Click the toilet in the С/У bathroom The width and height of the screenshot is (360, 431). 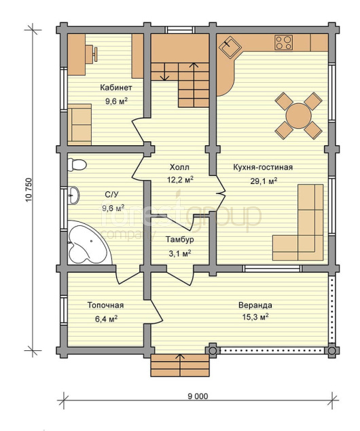coord(77,165)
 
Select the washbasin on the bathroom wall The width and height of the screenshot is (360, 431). coord(73,195)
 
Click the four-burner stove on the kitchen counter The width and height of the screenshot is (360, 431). coord(283,43)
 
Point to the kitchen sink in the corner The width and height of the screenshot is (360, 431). coord(230,47)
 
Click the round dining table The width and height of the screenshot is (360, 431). coord(298,115)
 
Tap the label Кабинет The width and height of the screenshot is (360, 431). coord(115,88)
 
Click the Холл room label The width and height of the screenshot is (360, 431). coord(179,167)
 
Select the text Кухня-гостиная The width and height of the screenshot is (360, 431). coord(263,167)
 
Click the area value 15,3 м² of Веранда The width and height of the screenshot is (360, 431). coord(255,317)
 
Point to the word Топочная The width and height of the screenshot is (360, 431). coord(105,305)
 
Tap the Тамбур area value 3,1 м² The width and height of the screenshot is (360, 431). coord(180,253)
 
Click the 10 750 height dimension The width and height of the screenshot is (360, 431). coord(29,190)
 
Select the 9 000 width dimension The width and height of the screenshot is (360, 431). coord(198,396)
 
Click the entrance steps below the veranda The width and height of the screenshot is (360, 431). coord(180,365)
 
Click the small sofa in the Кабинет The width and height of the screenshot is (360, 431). coord(79,124)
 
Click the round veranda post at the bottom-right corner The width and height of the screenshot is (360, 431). coord(331,351)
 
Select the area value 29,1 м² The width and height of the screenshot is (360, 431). coord(263,181)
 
